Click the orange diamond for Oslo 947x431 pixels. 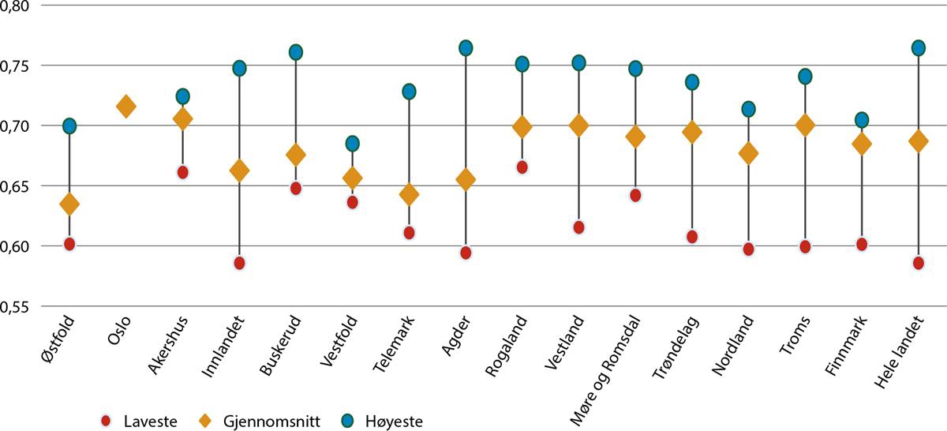(125, 107)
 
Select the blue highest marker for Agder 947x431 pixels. (466, 48)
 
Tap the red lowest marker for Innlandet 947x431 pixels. (239, 263)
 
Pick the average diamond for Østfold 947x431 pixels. (69, 204)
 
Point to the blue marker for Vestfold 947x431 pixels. (352, 144)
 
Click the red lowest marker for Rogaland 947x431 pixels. (522, 167)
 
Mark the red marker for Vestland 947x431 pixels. (578, 227)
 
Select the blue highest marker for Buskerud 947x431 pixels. (296, 52)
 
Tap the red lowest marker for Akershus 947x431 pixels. (182, 172)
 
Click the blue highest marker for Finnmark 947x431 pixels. (862, 120)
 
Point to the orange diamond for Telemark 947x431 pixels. (409, 194)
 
